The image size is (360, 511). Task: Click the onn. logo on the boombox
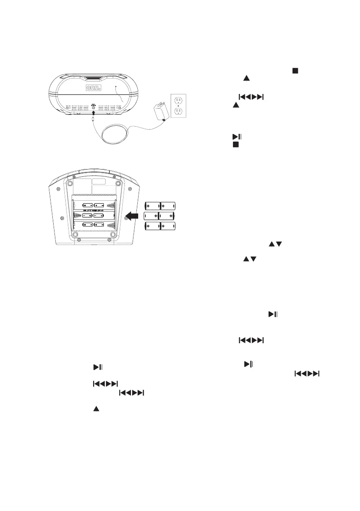tap(92, 88)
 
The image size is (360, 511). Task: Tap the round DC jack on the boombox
tap(94, 107)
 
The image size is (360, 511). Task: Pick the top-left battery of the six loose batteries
tap(152, 205)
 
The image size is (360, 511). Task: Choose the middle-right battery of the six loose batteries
tap(167, 216)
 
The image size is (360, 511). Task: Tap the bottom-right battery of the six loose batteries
tap(168, 227)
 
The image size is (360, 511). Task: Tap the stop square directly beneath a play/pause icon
tap(235, 145)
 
